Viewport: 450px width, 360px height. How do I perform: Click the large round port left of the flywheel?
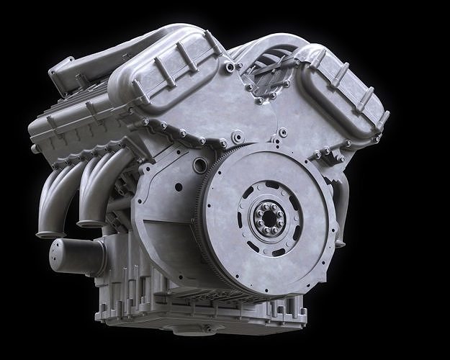(x=200, y=166)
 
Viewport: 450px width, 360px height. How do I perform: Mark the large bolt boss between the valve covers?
(x=237, y=135)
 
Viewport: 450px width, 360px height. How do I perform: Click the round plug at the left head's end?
(x=35, y=148)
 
